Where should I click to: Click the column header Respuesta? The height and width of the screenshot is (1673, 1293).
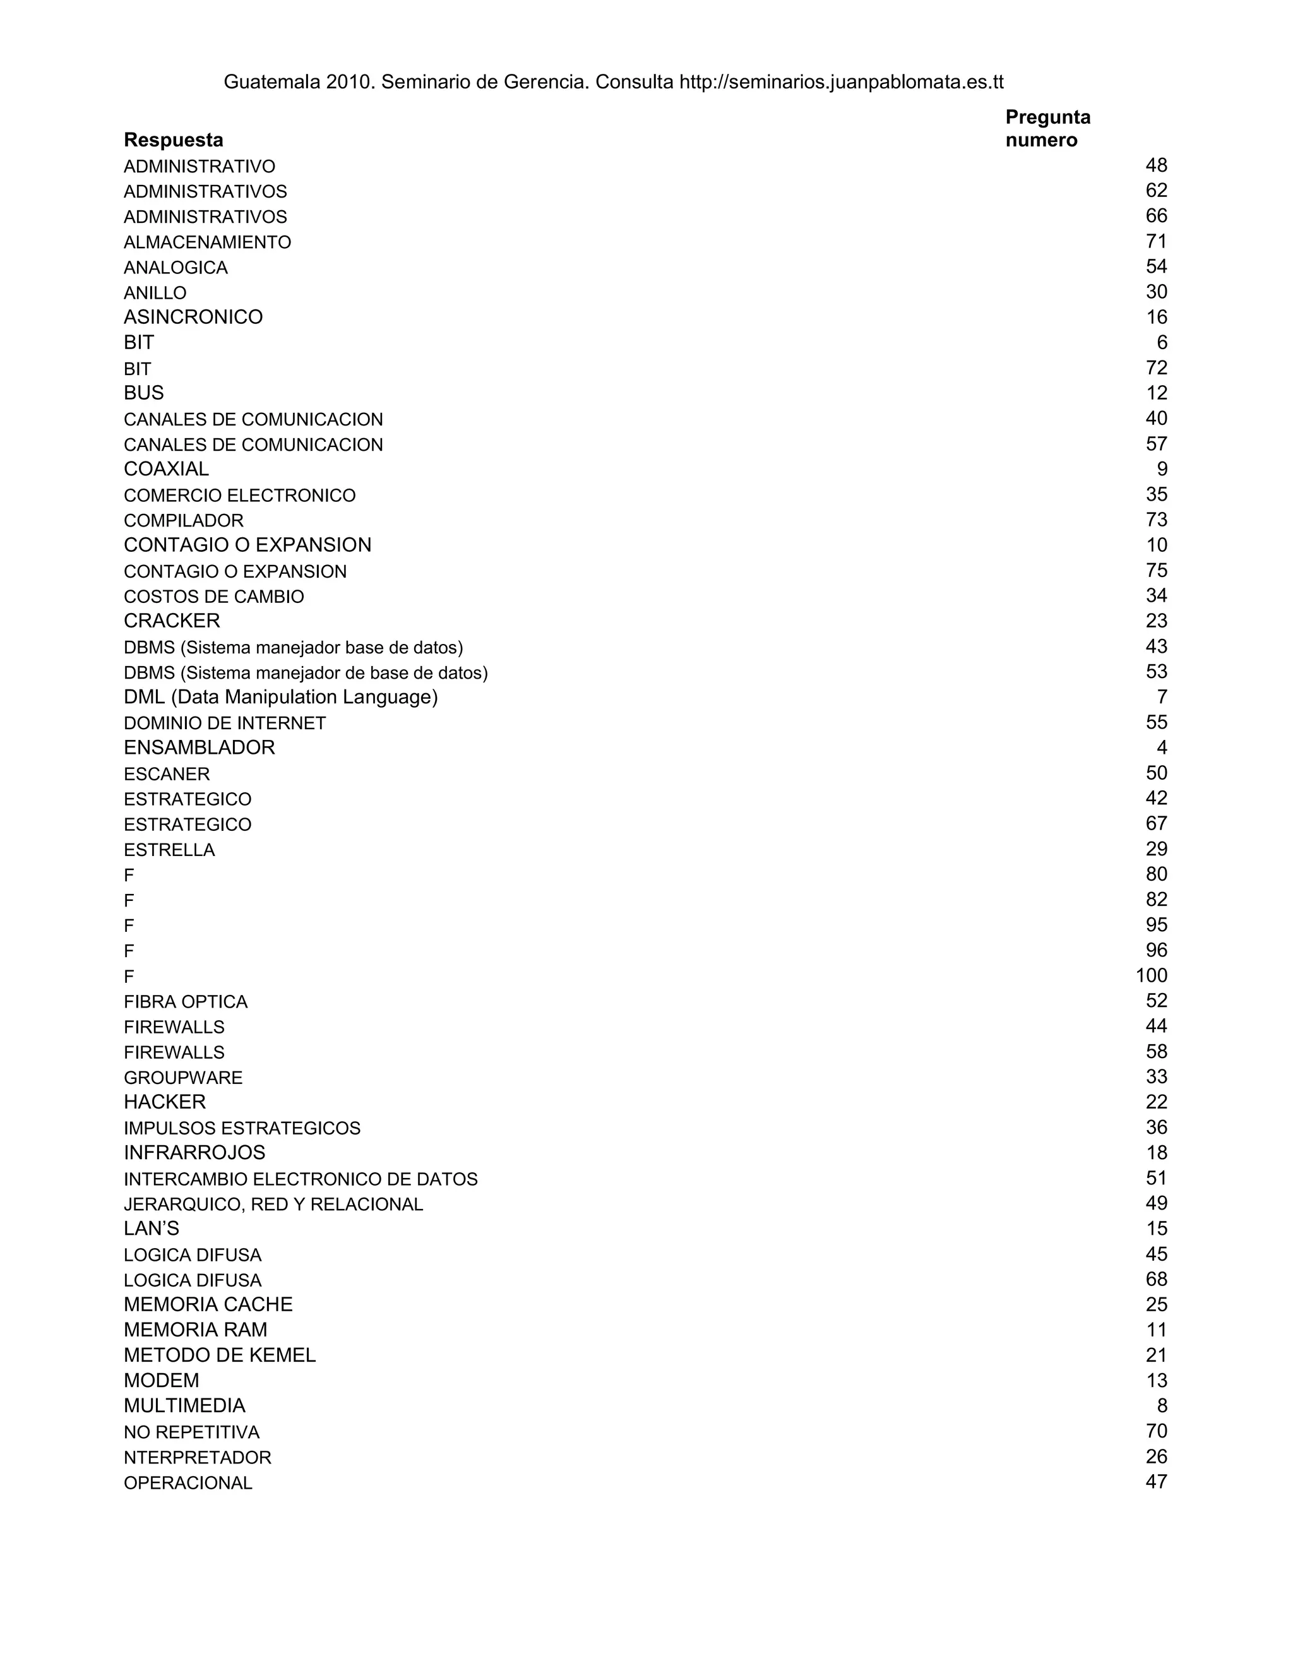click(x=173, y=140)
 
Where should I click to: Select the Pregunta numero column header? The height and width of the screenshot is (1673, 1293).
click(x=1047, y=129)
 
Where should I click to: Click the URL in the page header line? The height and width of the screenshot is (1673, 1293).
click(x=841, y=82)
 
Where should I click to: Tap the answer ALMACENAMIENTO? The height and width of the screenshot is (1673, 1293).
click(x=207, y=243)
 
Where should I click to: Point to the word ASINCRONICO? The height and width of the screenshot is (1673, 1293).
click(x=193, y=317)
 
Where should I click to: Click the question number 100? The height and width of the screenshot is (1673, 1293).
click(x=1152, y=976)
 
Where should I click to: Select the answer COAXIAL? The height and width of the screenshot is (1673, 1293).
click(x=166, y=469)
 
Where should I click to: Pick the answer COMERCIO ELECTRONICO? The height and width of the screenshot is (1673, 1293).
click(x=240, y=496)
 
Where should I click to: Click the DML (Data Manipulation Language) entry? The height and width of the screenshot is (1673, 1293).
click(x=280, y=697)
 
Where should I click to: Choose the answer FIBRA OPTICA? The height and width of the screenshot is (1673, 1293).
click(x=186, y=1002)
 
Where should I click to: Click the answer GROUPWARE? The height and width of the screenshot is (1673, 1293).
click(x=183, y=1078)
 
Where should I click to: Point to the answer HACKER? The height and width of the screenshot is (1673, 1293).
click(x=165, y=1102)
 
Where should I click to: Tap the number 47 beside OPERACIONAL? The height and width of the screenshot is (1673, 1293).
click(x=1156, y=1482)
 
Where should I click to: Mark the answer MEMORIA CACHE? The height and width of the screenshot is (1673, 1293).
click(x=208, y=1304)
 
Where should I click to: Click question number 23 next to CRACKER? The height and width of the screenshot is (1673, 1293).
click(x=1156, y=621)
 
